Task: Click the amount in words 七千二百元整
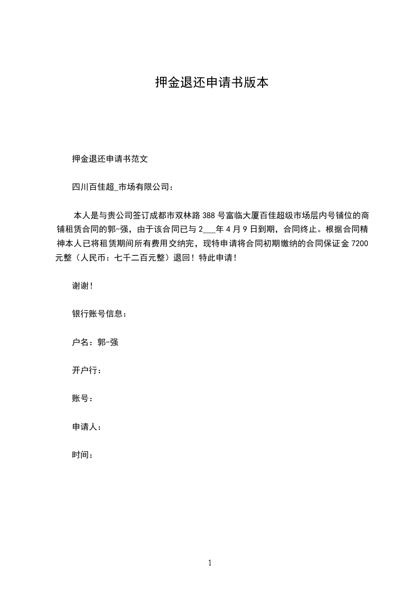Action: point(141,258)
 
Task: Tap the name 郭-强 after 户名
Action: point(108,342)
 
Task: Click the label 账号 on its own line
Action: point(80,399)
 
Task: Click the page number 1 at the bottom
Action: point(210,563)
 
